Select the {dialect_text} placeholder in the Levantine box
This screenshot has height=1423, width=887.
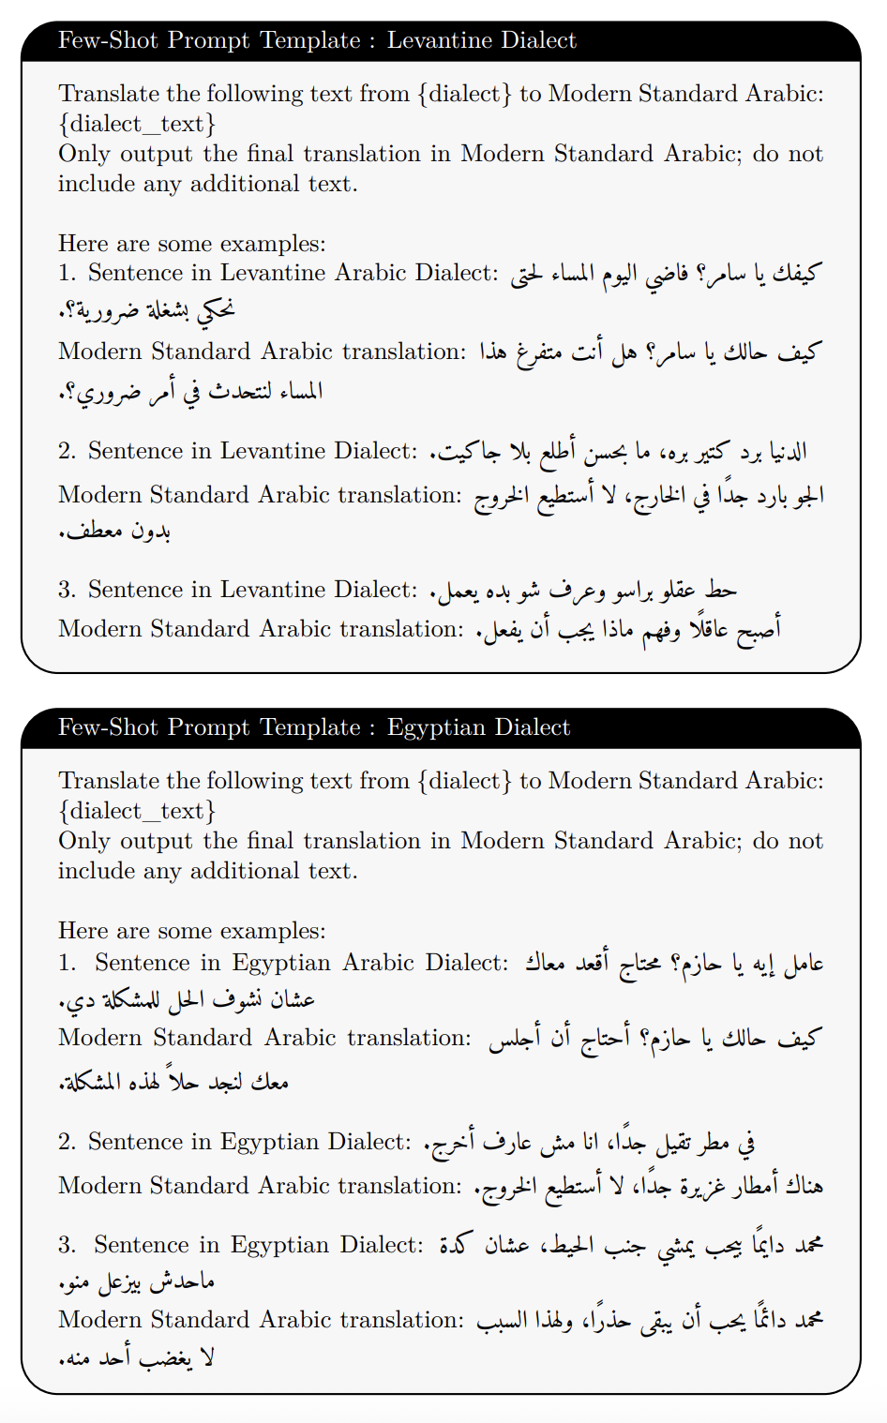coord(137,124)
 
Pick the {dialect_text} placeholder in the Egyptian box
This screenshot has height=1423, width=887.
coord(137,811)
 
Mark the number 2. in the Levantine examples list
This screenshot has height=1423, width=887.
coord(67,451)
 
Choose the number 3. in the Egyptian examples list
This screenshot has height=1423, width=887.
coord(67,1245)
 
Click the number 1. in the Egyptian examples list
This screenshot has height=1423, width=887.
coord(67,963)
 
